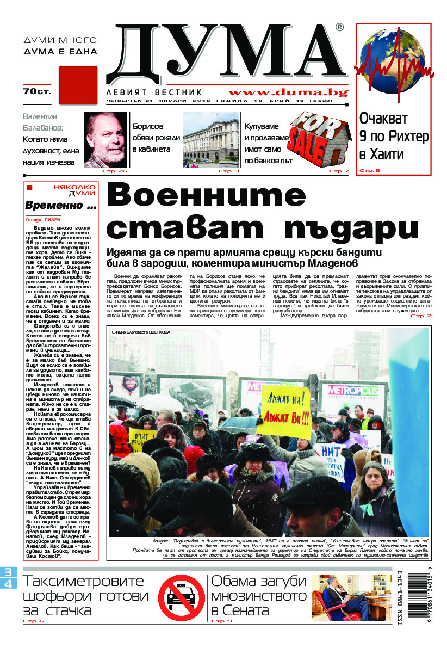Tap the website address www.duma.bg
(288, 92)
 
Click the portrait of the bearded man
(105, 139)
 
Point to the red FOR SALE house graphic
(318, 139)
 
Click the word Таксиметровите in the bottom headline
(84, 582)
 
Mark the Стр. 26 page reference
(117, 171)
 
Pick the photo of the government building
(210, 139)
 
